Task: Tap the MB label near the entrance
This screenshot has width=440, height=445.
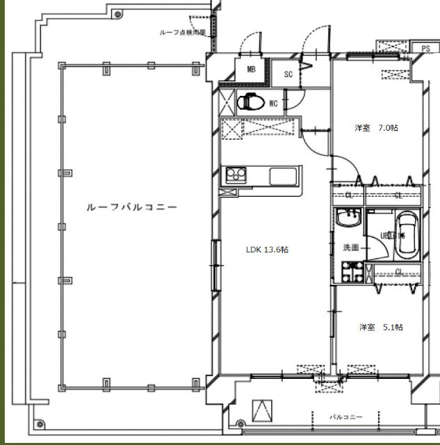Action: [x=251, y=70]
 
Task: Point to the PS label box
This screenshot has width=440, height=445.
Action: [x=425, y=48]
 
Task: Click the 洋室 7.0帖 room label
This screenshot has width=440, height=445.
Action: [x=376, y=128]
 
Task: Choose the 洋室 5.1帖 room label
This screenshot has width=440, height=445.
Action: [x=380, y=327]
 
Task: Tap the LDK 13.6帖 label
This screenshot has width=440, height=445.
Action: [x=267, y=250]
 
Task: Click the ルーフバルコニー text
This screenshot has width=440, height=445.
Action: [x=131, y=207]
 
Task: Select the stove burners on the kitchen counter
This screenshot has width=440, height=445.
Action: [x=234, y=174]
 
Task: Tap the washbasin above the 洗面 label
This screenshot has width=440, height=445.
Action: [x=346, y=222]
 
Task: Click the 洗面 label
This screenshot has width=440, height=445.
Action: [x=350, y=248]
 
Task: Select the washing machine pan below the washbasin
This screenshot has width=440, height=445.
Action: [x=349, y=273]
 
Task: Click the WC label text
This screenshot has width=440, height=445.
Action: [x=273, y=104]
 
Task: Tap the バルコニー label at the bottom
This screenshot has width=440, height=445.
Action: [x=345, y=416]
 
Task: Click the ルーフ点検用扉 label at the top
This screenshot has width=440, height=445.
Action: [x=182, y=33]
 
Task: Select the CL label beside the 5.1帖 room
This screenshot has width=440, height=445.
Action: [x=398, y=272]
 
